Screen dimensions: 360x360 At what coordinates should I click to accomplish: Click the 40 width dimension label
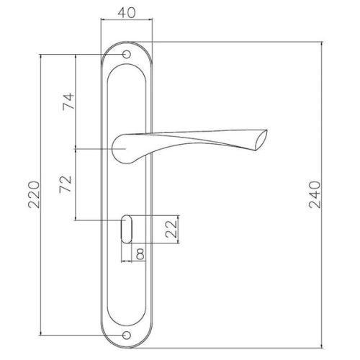127,13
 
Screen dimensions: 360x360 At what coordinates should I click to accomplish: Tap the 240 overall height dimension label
315,194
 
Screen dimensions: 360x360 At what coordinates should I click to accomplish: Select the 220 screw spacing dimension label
34,194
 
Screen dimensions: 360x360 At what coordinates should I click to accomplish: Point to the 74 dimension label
68,102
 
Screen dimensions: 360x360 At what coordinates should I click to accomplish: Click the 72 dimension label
66,184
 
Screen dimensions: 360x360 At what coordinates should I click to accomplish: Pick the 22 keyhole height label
171,229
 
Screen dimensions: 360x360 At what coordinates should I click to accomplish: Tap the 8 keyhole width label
140,255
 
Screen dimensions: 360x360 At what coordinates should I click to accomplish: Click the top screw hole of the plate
127,55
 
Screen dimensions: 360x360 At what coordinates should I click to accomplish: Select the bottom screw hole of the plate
127,336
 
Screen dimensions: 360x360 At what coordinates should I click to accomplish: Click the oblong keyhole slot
127,229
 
